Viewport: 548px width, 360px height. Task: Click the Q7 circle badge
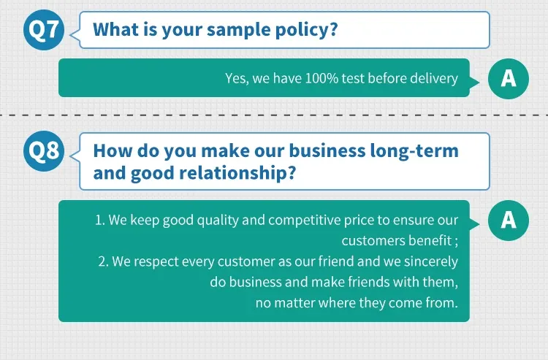pos(44,30)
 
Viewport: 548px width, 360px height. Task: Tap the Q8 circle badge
pos(44,151)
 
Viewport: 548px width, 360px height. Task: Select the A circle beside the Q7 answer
pos(509,79)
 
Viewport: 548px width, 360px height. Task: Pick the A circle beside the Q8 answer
pos(509,221)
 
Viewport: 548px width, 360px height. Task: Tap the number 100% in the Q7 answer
pos(321,78)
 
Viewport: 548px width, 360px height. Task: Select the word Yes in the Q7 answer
pos(237,79)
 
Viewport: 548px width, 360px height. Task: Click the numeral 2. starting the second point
pos(104,261)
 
